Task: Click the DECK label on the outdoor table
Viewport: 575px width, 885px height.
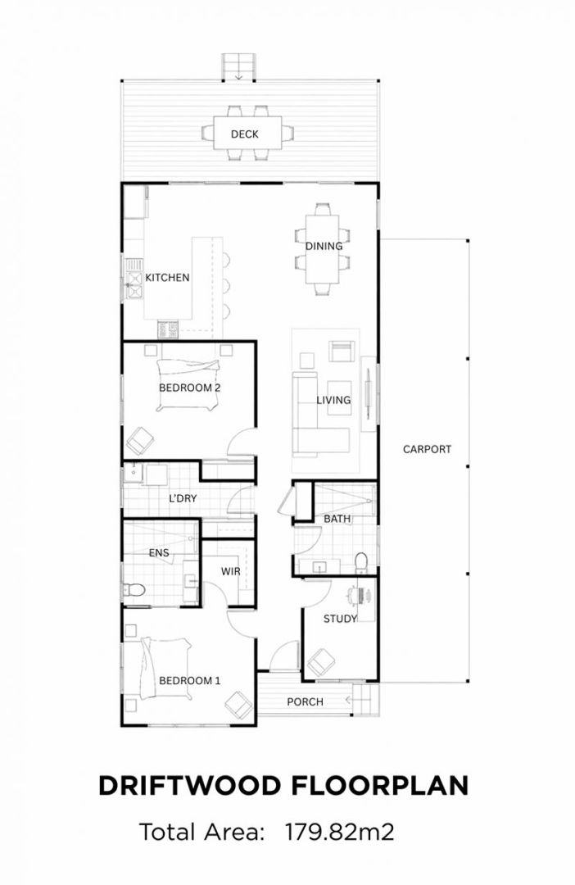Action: (x=244, y=134)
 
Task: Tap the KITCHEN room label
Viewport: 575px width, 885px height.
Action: (x=167, y=278)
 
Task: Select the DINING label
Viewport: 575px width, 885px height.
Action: (x=324, y=246)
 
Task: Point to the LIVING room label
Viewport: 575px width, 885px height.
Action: (x=333, y=400)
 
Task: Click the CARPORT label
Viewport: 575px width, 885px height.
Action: (x=428, y=449)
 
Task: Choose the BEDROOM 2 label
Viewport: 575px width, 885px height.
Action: (x=189, y=388)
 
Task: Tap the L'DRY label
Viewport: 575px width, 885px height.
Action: (x=183, y=498)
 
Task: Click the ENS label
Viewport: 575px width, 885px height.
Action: (x=159, y=553)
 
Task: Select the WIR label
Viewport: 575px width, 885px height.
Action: (x=230, y=572)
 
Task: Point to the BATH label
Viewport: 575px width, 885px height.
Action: (x=337, y=519)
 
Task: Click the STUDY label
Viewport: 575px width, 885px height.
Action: (x=340, y=619)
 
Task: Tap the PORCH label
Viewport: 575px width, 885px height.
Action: (x=305, y=702)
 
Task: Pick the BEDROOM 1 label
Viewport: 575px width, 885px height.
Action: (x=189, y=681)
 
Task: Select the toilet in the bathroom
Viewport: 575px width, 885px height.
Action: (x=361, y=562)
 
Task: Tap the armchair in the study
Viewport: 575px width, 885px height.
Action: (x=320, y=663)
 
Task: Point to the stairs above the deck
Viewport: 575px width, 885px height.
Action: (x=238, y=67)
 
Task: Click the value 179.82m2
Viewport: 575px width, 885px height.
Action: (x=339, y=832)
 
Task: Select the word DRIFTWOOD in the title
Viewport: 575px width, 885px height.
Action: (x=189, y=786)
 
